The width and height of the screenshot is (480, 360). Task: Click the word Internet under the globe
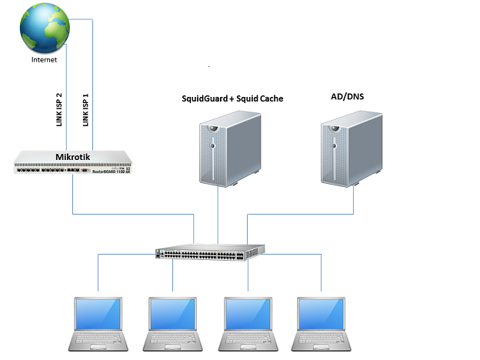point(43,58)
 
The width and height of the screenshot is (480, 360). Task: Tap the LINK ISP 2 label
point(59,110)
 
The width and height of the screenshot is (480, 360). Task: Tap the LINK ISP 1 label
point(85,110)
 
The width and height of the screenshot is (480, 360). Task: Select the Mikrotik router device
point(73,163)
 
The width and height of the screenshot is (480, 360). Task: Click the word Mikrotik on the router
point(74,156)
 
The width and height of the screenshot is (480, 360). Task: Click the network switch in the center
point(209,252)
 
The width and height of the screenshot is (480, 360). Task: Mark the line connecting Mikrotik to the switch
point(131,215)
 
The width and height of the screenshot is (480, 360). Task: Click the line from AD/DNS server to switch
point(300,215)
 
